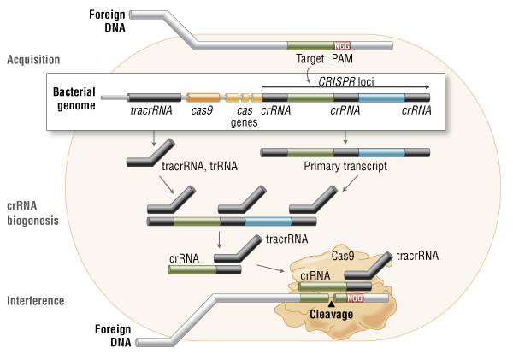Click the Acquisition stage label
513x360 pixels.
tap(33, 59)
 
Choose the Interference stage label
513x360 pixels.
tap(34, 300)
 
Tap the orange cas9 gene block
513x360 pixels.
tap(203, 98)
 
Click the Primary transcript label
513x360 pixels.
tap(345, 168)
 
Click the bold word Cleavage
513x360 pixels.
tap(332, 314)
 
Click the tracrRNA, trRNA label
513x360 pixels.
tap(193, 168)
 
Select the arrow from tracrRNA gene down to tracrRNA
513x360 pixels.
tap(151, 139)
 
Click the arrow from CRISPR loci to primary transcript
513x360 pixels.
tap(345, 138)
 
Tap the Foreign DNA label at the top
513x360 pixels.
tap(109, 21)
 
